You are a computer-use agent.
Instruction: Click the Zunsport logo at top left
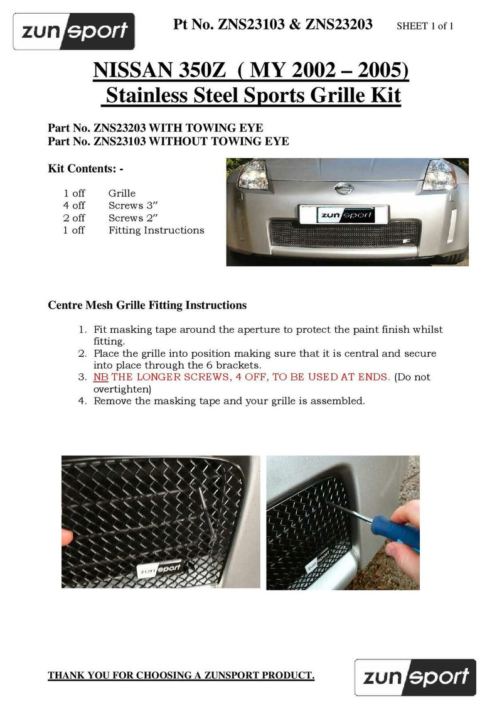75,31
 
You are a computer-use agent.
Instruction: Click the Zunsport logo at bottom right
415,677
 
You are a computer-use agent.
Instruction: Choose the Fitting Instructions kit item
156,231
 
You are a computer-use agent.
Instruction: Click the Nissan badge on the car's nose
344,188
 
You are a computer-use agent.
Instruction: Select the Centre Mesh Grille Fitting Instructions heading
147,305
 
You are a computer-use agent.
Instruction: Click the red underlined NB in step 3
100,377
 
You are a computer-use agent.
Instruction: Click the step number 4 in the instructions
82,401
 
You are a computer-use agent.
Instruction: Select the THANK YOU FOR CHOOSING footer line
181,675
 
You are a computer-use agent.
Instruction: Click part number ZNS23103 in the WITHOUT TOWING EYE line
120,141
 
